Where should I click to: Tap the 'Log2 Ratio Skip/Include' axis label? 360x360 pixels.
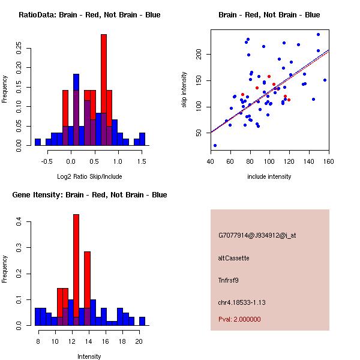(89, 176)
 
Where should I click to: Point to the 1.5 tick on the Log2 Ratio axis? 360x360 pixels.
(142, 160)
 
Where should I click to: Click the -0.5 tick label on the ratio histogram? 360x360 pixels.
(47, 160)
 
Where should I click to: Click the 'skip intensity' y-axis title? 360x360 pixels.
(185, 90)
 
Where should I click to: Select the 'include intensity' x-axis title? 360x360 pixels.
(269, 176)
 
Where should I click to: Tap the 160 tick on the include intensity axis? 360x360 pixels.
(328, 160)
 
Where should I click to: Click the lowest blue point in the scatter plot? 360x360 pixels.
(215, 145)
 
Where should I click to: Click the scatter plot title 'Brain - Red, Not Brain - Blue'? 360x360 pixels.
(269, 15)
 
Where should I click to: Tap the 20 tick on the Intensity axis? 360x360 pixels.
(139, 340)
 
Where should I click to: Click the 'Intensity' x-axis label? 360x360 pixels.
(89, 356)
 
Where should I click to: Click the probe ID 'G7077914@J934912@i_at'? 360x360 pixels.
(257, 235)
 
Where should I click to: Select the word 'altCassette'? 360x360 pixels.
(233, 258)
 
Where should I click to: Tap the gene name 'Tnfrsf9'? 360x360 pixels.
(229, 280)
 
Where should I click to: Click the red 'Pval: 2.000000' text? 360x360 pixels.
(239, 319)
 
